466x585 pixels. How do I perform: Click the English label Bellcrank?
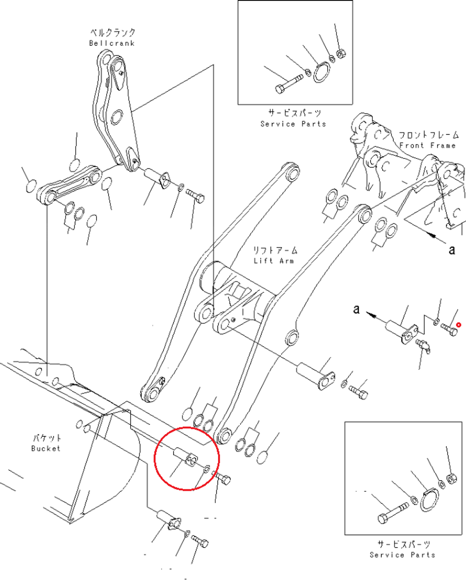pyautogui.click(x=112, y=43)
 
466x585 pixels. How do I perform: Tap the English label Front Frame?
pyautogui.click(x=427, y=145)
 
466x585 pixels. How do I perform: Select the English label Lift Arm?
pyautogui.click(x=274, y=261)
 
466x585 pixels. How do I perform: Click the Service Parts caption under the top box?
pyautogui.click(x=293, y=124)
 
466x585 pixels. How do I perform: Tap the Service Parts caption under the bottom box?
pyautogui.click(x=403, y=555)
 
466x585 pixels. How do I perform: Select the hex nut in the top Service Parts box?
pyautogui.click(x=341, y=53)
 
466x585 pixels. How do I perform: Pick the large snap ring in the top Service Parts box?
pyautogui.click(x=322, y=72)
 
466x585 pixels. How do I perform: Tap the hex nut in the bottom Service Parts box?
pyautogui.click(x=452, y=478)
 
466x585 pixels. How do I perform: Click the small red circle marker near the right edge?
pyautogui.click(x=459, y=325)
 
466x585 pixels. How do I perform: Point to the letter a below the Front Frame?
pyautogui.click(x=452, y=249)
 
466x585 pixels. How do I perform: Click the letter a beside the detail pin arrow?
pyautogui.click(x=356, y=309)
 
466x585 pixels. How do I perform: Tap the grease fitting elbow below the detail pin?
pyautogui.click(x=423, y=346)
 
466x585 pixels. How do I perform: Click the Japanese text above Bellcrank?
pyautogui.click(x=112, y=33)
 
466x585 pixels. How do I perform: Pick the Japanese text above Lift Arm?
pyautogui.click(x=275, y=250)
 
